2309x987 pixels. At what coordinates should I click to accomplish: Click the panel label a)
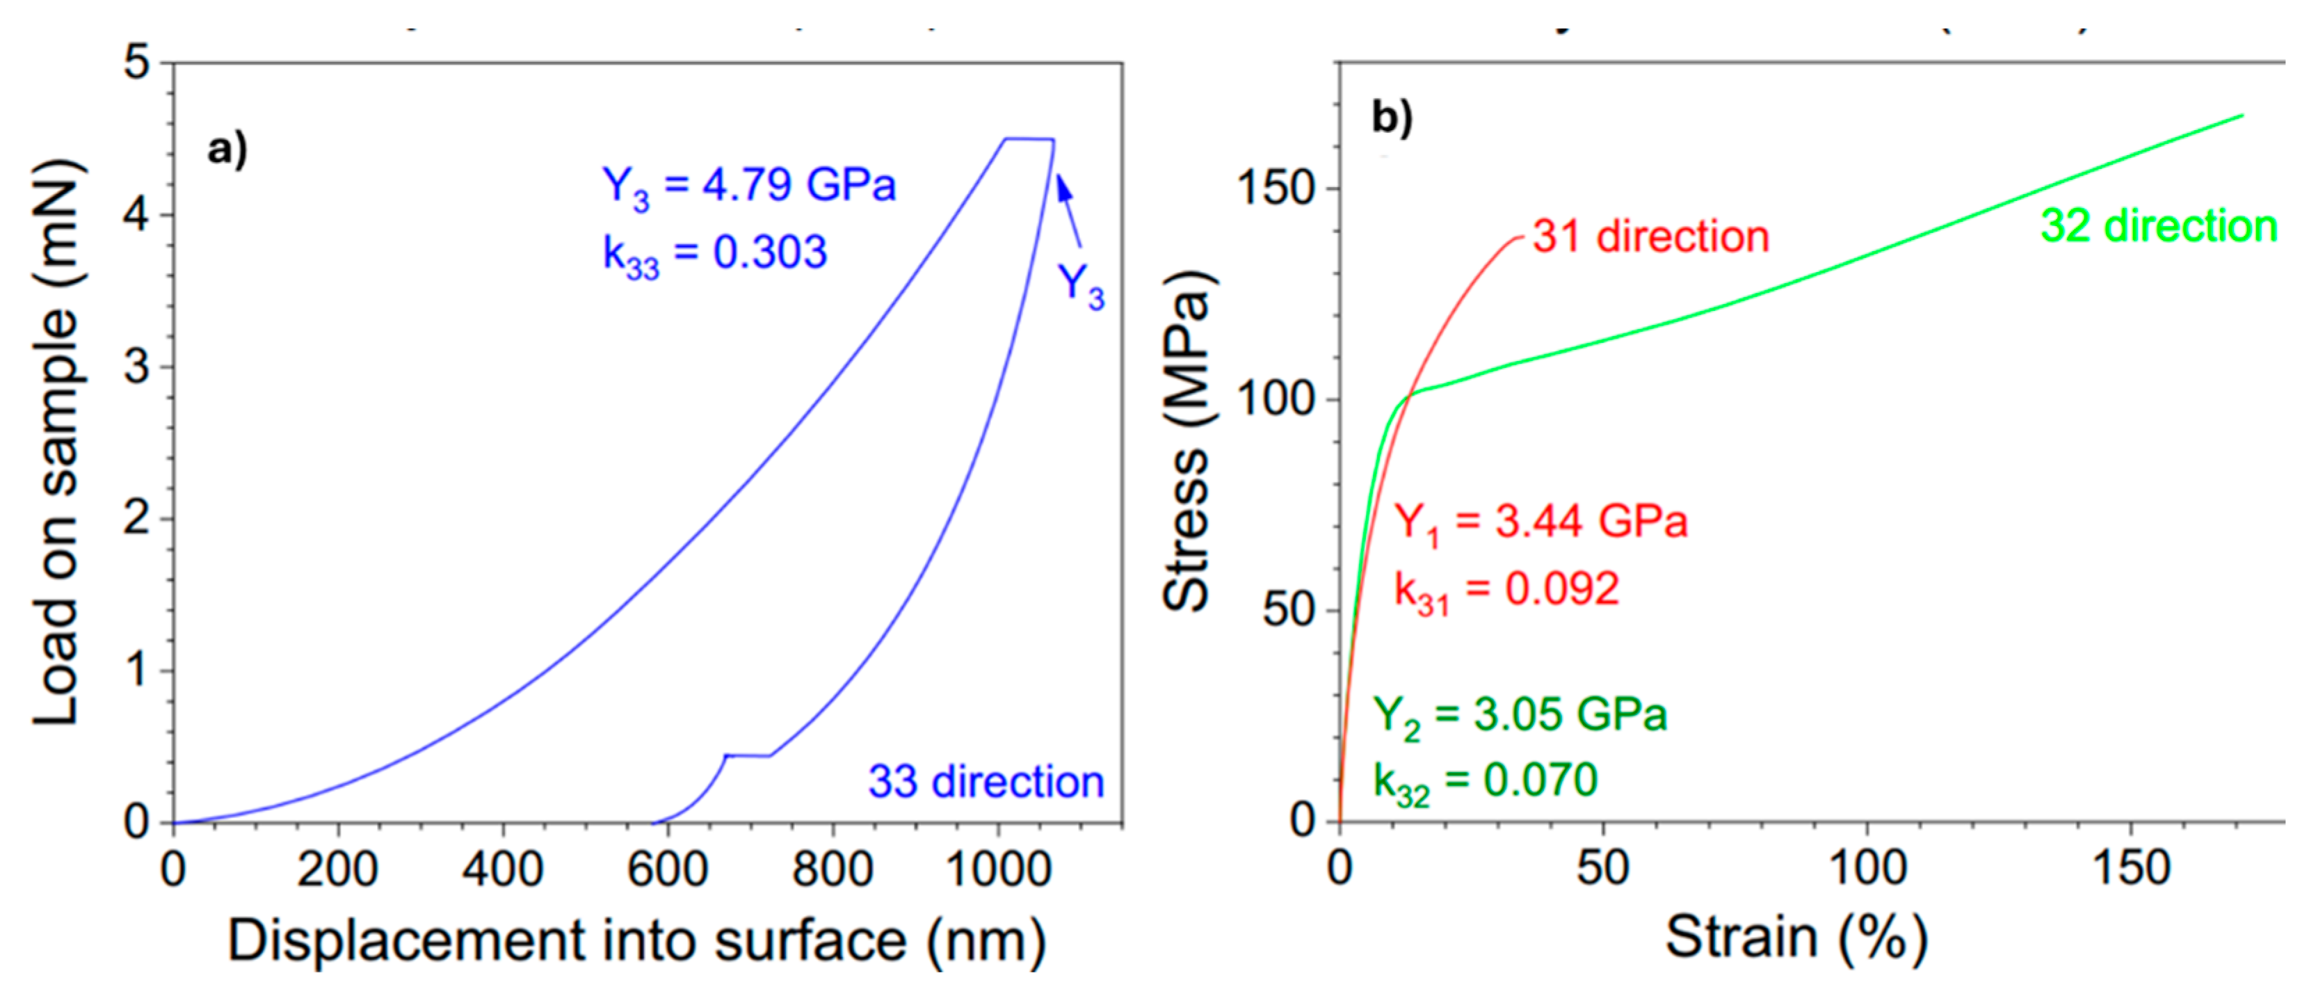click(227, 150)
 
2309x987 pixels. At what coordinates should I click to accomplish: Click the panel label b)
click(1392, 118)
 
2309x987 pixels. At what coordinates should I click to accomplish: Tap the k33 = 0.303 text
click(714, 254)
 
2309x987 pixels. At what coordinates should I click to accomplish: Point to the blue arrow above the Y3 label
click(1068, 210)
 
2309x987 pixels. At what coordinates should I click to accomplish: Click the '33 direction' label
click(985, 782)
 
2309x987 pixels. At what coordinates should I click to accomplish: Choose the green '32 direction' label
click(2158, 226)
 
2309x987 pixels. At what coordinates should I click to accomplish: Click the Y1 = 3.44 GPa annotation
click(1540, 522)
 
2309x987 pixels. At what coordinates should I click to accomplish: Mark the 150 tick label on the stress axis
click(1275, 188)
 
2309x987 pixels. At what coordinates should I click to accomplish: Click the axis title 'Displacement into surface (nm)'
click(636, 941)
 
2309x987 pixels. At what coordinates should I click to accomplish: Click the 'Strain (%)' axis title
click(1796, 938)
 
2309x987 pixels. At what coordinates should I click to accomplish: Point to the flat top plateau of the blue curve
click(1029, 139)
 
